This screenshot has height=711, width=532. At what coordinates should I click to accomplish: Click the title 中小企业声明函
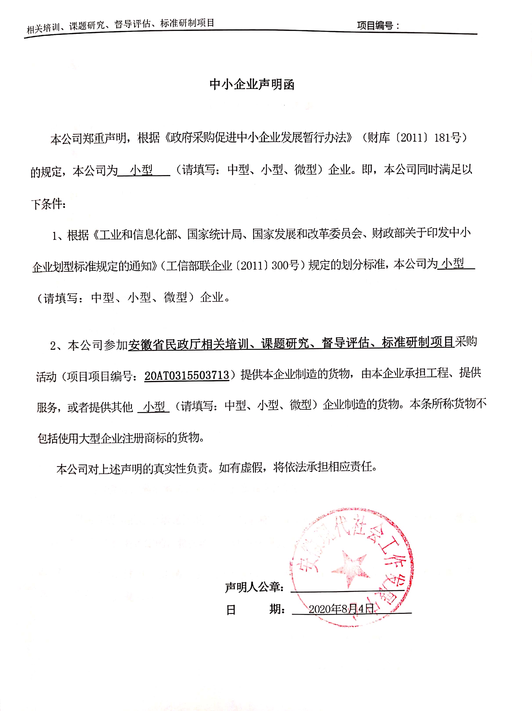(252, 84)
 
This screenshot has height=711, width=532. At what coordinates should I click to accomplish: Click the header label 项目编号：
(378, 26)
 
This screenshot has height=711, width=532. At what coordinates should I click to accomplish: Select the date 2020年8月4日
(341, 609)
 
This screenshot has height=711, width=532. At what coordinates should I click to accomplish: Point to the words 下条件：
(49, 204)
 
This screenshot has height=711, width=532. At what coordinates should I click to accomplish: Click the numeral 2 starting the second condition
(53, 346)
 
